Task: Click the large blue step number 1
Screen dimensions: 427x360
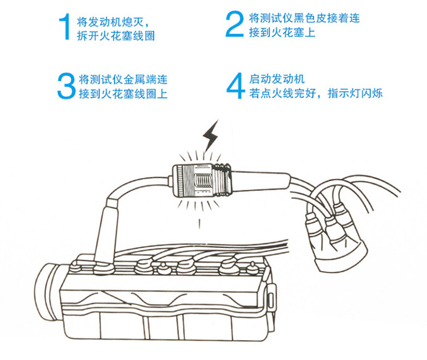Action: point(65,26)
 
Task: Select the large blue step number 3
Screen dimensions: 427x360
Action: point(67,85)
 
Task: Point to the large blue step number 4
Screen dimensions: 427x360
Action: point(235,86)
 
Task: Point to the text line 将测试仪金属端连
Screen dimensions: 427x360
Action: point(123,79)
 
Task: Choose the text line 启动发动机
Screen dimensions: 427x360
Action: point(277,79)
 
